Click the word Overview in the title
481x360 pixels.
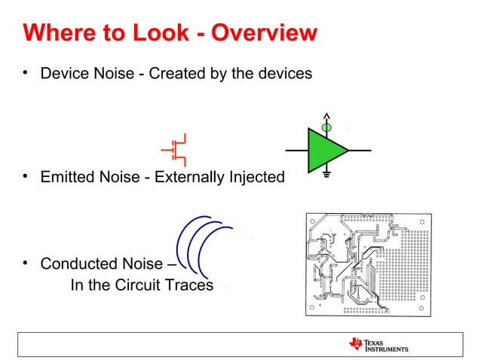[264, 33]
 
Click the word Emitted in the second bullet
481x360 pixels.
[67, 177]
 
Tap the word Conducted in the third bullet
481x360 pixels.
[76, 264]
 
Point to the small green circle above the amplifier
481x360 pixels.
[326, 128]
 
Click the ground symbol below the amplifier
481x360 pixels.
[326, 175]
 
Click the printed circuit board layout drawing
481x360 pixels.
[368, 264]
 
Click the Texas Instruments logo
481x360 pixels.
[378, 344]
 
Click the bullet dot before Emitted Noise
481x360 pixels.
[25, 177]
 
